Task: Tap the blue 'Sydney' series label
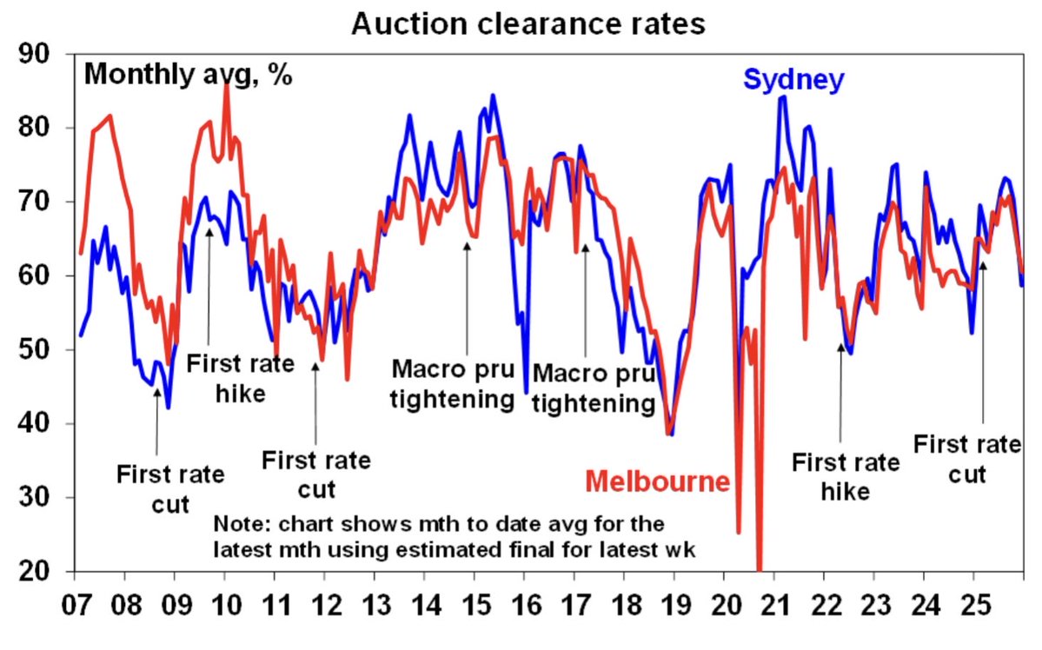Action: (x=793, y=81)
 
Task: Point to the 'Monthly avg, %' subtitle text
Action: (x=188, y=74)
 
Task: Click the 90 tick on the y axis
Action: (x=37, y=55)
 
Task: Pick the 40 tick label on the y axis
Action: (x=37, y=424)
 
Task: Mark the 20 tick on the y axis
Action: (x=37, y=572)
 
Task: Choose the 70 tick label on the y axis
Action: (x=37, y=202)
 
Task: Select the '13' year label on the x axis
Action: (x=376, y=600)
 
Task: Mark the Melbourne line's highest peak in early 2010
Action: (x=227, y=84)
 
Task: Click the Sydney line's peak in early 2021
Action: (x=783, y=97)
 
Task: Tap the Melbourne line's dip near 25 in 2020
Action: (x=738, y=532)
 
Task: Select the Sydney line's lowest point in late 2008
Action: (x=168, y=407)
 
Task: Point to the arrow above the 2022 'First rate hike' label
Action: (x=840, y=391)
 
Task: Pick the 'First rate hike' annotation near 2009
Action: (x=227, y=379)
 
